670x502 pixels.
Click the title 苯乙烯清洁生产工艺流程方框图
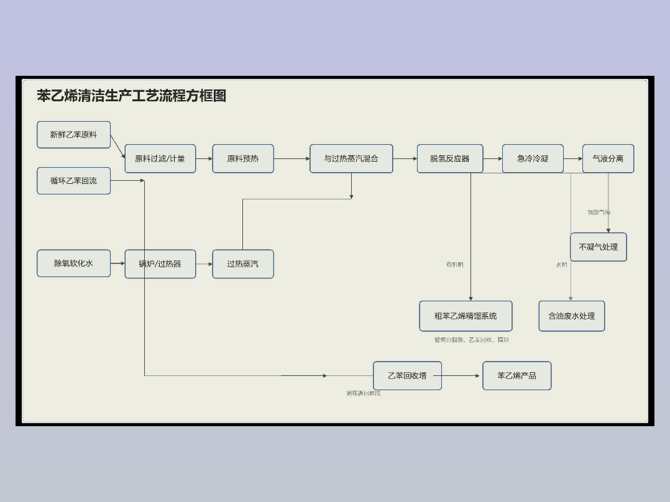[131, 96]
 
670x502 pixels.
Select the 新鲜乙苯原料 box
[73, 135]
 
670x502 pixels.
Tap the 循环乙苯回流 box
[73, 181]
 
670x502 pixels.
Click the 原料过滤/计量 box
[160, 158]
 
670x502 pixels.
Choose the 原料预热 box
[242, 158]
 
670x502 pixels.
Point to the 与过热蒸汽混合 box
[351, 158]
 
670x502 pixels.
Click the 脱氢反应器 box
[449, 158]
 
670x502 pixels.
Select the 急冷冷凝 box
[533, 158]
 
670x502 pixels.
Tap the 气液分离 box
[608, 158]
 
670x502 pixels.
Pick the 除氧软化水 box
[73, 263]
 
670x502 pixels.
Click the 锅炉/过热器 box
[160, 264]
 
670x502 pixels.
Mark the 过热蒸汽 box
[242, 264]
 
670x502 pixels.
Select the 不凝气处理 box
[598, 247]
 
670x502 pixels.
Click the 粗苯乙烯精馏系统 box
[466, 316]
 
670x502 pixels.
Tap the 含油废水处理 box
[571, 316]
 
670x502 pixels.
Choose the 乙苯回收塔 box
[407, 375]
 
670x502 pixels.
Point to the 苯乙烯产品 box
[516, 375]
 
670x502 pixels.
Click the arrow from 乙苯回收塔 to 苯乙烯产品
[462, 375]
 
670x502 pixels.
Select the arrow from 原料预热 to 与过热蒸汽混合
[291, 158]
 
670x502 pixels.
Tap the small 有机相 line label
[454, 265]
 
